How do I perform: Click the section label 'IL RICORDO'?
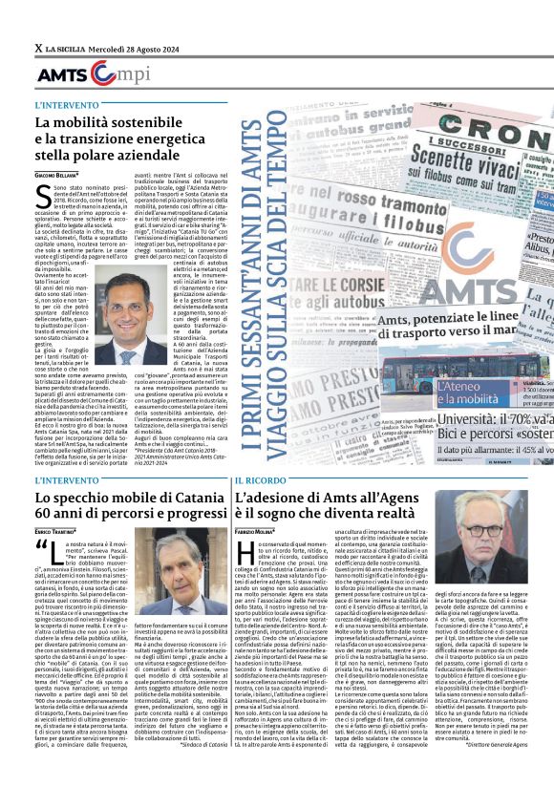click(x=260, y=479)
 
